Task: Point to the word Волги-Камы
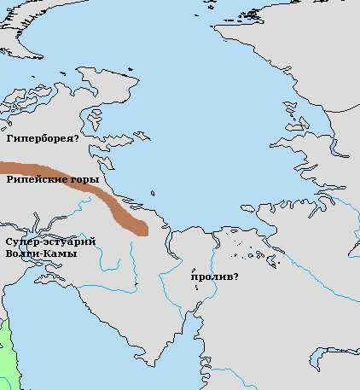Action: tap(40, 254)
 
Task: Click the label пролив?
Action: tap(214, 277)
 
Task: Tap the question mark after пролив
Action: tap(235, 277)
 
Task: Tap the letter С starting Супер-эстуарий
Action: tap(8, 243)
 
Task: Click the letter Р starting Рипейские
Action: tap(9, 181)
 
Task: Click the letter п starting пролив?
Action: tap(195, 278)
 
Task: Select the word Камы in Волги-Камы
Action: tap(61, 254)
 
